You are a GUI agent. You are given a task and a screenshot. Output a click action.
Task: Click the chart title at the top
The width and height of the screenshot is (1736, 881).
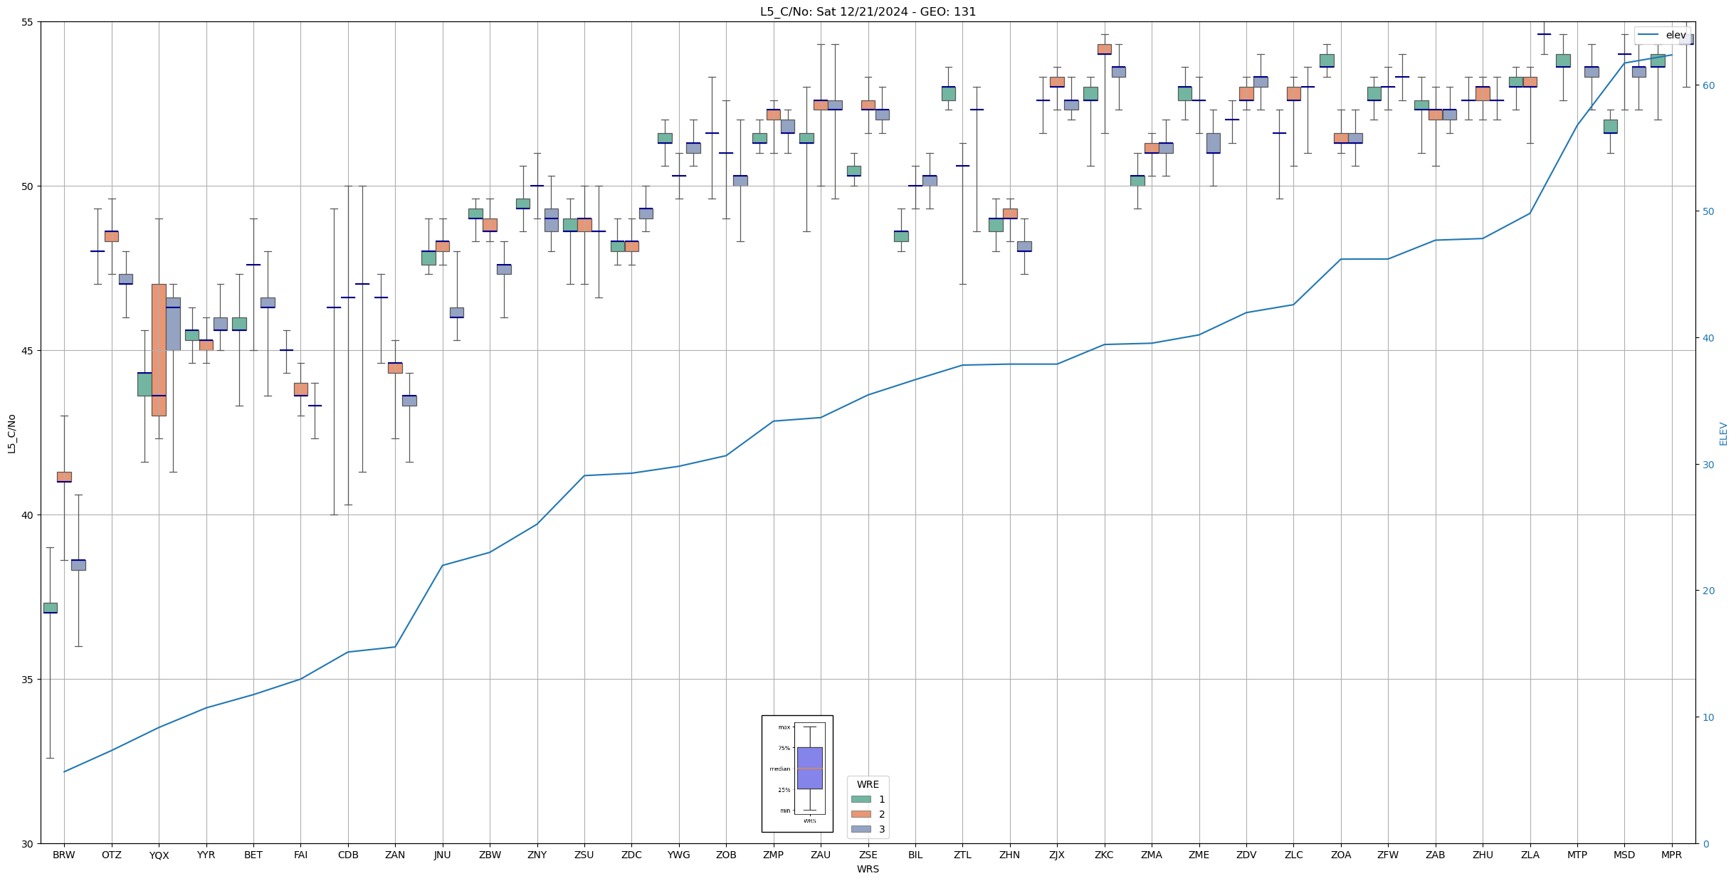tap(868, 11)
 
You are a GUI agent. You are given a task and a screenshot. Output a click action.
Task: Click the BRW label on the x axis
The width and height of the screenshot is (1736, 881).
tap(64, 855)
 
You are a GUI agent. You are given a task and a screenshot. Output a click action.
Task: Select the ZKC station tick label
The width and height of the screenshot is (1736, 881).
tap(1104, 855)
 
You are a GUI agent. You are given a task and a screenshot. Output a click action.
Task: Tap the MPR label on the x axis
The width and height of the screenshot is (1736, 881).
tap(1671, 855)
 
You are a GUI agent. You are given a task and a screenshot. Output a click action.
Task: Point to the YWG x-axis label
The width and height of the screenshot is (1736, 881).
tap(678, 855)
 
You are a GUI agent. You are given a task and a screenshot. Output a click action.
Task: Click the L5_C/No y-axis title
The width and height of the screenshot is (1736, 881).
tap(11, 433)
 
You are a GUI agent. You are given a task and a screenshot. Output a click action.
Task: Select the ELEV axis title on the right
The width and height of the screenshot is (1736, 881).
tap(1723, 433)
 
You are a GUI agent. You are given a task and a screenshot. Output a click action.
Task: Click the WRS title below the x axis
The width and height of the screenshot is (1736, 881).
tap(868, 869)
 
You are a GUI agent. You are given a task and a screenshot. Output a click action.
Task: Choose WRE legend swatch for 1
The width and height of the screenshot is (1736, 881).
tap(861, 799)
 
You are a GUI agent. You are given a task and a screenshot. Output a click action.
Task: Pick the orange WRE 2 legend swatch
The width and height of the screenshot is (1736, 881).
tap(861, 814)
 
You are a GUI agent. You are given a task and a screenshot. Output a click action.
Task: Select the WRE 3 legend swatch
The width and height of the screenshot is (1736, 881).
tap(861, 829)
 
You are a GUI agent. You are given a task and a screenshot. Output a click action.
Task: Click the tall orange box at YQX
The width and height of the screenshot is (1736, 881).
tap(159, 349)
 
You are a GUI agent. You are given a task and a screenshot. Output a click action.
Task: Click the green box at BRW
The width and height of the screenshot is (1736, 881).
tap(50, 608)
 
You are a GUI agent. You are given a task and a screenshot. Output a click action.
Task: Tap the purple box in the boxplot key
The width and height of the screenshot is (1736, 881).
tap(809, 768)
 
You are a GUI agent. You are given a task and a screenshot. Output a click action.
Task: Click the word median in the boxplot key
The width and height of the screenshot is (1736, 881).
tap(779, 769)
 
